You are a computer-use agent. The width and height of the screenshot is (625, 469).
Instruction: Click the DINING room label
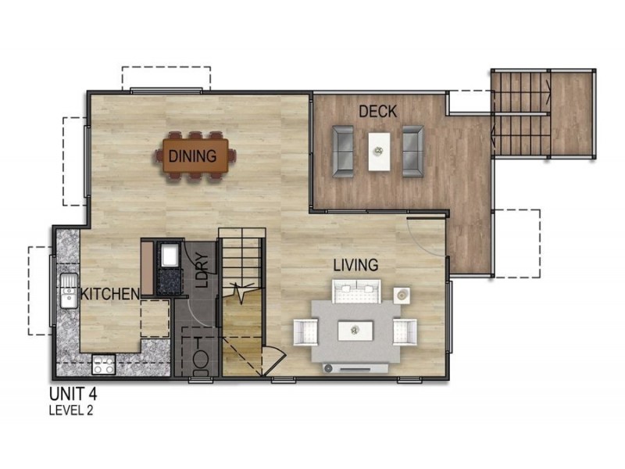(x=192, y=156)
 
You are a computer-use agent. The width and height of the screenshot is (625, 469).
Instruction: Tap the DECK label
(x=378, y=112)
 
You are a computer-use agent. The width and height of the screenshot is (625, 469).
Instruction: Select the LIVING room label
(x=355, y=265)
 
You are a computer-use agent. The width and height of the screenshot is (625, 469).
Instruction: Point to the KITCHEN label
(x=110, y=295)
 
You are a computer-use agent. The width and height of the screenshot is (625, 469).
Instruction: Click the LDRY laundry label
(x=202, y=270)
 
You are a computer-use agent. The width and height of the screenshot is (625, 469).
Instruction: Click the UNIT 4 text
(x=73, y=394)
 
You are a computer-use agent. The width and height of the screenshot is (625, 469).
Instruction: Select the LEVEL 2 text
(x=71, y=410)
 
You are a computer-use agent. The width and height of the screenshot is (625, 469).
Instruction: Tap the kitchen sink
(x=69, y=291)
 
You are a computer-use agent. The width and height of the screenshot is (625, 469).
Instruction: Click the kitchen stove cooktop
(x=104, y=364)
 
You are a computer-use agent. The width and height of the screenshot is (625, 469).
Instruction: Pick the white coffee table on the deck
(x=379, y=152)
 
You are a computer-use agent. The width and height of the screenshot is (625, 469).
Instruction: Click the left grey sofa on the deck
(x=343, y=151)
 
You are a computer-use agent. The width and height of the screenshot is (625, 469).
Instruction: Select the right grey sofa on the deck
(x=412, y=151)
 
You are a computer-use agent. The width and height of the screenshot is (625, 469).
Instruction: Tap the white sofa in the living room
(x=356, y=291)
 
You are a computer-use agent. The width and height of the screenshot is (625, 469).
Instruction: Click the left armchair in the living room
(x=305, y=331)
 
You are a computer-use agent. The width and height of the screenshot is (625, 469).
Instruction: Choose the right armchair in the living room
(x=405, y=331)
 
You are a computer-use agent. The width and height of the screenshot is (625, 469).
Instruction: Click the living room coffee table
(x=355, y=331)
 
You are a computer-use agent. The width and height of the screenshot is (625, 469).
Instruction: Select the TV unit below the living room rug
(x=355, y=368)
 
